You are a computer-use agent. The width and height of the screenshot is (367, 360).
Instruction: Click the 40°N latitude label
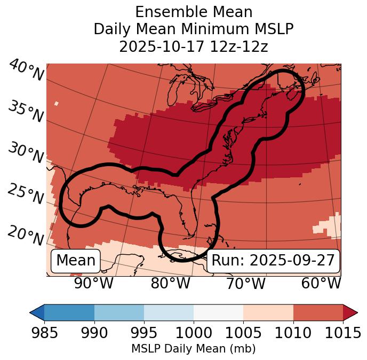(26, 71)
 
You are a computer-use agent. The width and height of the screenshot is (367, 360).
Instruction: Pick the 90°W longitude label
(94, 284)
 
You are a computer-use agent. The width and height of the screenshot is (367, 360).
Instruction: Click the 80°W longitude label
(171, 284)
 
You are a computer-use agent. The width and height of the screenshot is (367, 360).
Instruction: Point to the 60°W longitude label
(321, 284)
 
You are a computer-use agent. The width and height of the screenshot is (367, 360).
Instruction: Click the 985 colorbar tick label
(44, 333)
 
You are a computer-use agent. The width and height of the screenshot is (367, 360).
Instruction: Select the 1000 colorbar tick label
(194, 333)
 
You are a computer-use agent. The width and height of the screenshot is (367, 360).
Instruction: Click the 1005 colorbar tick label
(243, 333)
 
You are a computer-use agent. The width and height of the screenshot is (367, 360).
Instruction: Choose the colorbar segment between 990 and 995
(119, 312)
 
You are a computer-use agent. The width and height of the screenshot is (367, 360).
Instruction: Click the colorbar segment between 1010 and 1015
(318, 312)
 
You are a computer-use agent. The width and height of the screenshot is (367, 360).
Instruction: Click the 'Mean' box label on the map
(76, 261)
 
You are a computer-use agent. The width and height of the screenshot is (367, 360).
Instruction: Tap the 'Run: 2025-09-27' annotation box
(273, 261)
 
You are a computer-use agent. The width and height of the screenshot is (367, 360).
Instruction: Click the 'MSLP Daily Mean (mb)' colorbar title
(193, 349)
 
